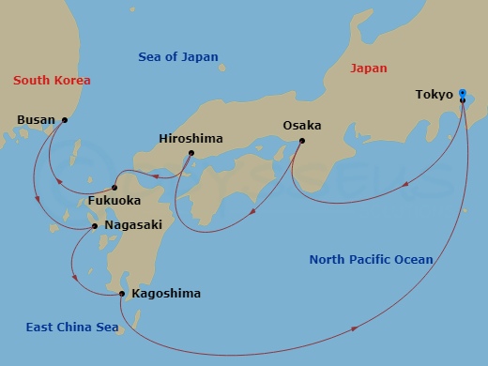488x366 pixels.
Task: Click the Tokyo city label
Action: tap(434, 95)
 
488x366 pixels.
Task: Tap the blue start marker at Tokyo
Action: tap(462, 93)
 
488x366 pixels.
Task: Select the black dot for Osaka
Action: tap(302, 142)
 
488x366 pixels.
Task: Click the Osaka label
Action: tap(302, 125)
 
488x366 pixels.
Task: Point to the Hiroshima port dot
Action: tap(191, 154)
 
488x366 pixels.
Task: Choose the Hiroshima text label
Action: tap(191, 138)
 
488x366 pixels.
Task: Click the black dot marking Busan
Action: tap(65, 119)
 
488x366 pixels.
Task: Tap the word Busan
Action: tap(37, 119)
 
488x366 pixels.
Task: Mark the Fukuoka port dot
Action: tap(114, 185)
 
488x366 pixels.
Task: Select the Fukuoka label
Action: tap(115, 200)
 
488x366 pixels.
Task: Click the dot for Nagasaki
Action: tap(94, 225)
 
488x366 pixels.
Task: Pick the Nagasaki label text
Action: tap(134, 225)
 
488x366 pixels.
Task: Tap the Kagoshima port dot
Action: tap(122, 294)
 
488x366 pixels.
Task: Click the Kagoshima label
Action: tap(166, 294)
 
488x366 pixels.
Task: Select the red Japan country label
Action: tap(368, 69)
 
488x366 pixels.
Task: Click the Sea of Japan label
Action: tap(177, 57)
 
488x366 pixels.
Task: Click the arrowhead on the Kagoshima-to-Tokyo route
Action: tap(355, 328)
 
